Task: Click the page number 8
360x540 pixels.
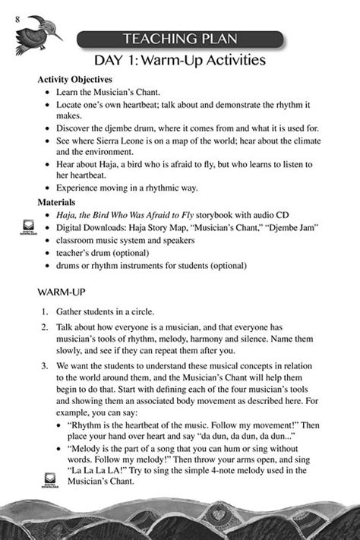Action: [16, 18]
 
